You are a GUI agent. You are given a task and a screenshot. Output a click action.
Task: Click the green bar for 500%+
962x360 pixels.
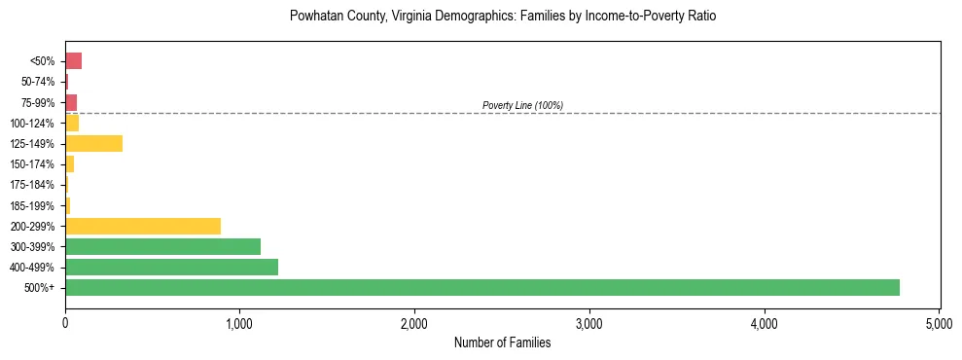click(481, 287)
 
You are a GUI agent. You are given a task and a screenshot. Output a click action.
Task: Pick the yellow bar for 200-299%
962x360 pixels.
click(143, 226)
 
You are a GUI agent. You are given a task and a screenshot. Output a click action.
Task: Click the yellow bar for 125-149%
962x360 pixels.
click(93, 144)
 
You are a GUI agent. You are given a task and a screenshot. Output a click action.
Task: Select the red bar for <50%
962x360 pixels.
click(73, 61)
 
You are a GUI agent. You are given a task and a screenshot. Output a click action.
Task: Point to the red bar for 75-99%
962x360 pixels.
click(71, 102)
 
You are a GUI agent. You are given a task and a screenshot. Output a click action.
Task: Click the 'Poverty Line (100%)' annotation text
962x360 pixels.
click(522, 105)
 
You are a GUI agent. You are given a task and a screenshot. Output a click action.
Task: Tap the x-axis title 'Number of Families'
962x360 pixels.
click(503, 342)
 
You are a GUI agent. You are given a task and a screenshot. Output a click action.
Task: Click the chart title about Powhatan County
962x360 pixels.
click(503, 17)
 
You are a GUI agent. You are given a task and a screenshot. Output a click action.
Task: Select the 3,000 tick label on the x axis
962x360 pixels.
click(589, 322)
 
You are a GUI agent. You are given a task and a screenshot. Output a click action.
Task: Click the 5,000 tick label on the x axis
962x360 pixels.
click(939, 322)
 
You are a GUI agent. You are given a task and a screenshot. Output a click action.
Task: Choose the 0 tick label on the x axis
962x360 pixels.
click(65, 322)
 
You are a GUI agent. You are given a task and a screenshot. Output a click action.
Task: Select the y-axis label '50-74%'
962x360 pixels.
click(38, 82)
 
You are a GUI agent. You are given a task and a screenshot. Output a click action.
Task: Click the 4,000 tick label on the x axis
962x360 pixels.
click(765, 322)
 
